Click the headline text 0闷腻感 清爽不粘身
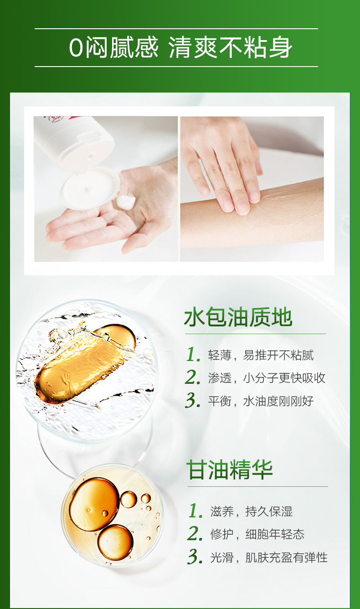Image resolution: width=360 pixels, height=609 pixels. pyautogui.click(x=180, y=47)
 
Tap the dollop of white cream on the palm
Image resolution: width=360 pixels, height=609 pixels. pyautogui.click(x=125, y=202)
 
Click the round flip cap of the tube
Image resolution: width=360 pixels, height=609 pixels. pyautogui.click(x=90, y=188)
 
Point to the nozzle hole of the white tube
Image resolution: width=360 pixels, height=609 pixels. pyautogui.click(x=92, y=156)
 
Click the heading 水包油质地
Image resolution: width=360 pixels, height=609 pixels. pyautogui.click(x=238, y=317)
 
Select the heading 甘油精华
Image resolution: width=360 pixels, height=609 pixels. pyautogui.click(x=230, y=470)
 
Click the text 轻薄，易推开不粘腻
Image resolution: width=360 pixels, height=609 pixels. pyautogui.click(x=261, y=355)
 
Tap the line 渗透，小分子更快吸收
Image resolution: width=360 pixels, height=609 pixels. pyautogui.click(x=267, y=378)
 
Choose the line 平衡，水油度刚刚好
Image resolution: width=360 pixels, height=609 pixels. pyautogui.click(x=261, y=401)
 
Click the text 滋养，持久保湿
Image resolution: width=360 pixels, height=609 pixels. pyautogui.click(x=252, y=511)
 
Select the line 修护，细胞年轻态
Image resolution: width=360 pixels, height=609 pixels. pyautogui.click(x=257, y=534)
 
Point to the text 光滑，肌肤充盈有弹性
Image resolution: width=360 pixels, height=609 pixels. pyautogui.click(x=269, y=557)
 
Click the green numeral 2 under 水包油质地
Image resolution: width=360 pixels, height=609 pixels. pyautogui.click(x=193, y=377)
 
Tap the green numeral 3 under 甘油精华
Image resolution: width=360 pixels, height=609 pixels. pyautogui.click(x=195, y=557)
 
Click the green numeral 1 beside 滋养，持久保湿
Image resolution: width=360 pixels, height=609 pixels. pyautogui.click(x=195, y=511)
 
